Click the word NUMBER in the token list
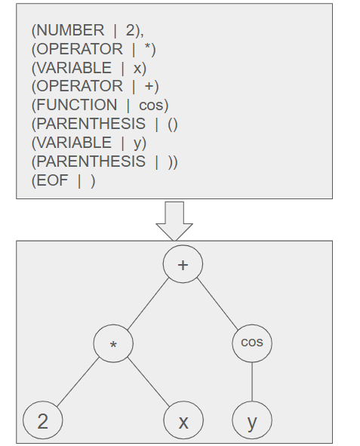coord(70,30)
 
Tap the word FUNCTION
coord(77,105)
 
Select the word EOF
coord(52,180)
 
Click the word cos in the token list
coord(151,105)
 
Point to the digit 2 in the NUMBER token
coord(130,30)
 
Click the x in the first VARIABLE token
coord(137,68)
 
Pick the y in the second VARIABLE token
coord(137,143)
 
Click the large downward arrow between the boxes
coord(174,221)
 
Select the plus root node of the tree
coord(183,264)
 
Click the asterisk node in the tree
coord(113,343)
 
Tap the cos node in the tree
coord(252,343)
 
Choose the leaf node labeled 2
coord(43,420)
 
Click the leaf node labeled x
coord(183,420)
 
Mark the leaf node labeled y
coord(252,420)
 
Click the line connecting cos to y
coord(252,382)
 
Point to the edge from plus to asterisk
coord(148,304)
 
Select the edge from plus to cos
coord(217,304)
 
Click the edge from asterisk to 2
coord(78,382)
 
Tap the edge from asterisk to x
coord(149,382)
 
